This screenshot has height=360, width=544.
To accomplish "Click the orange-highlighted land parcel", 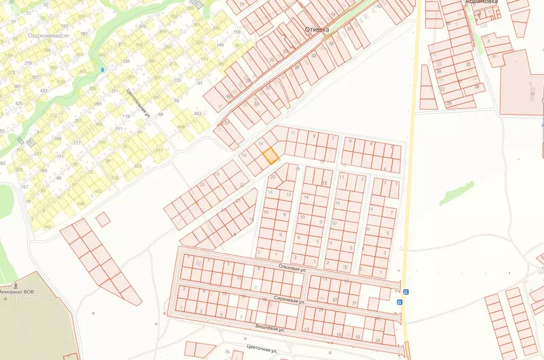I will coord(270,156).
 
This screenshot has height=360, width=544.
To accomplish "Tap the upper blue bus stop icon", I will coord(405,292).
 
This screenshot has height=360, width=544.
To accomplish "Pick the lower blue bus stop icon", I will coord(399,302).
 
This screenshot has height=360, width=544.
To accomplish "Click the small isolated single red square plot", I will coord(103,219).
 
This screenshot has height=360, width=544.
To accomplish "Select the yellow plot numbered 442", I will coord(47,227).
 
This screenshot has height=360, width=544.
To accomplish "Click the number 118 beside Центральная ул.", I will coord(126,116).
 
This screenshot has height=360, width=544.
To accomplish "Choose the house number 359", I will coord(191,8).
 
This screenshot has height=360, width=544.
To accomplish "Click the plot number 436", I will coord(80,204).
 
